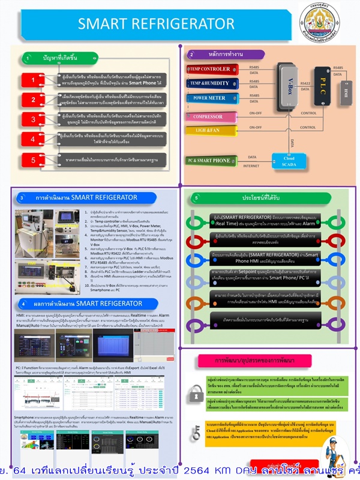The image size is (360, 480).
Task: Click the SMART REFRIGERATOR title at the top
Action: pyautogui.click(x=157, y=23)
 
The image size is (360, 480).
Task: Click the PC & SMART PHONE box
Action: pyautogui.click(x=208, y=160)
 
